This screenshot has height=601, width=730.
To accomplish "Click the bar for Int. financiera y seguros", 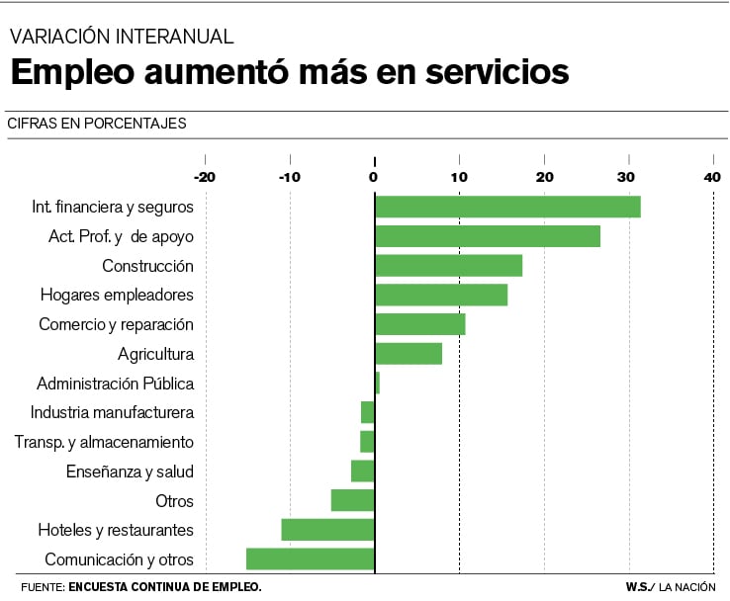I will click(507, 207).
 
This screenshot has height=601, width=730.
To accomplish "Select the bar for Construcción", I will click(448, 266).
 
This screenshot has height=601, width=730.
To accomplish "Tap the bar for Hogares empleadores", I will click(441, 295).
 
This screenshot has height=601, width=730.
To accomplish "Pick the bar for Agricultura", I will click(409, 354).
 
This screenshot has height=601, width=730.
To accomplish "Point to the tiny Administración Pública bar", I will click(377, 383).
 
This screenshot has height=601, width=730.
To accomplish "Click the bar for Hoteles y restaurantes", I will click(327, 530).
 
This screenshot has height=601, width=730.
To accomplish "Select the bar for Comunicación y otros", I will click(310, 558).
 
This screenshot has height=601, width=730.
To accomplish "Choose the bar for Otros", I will click(352, 500).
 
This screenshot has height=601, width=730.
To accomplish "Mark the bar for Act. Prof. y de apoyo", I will click(488, 236).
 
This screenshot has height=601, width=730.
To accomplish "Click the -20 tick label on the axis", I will click(204, 177).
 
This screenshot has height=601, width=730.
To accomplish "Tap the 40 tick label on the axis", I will click(712, 177).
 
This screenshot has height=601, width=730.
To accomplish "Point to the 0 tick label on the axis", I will click(374, 177).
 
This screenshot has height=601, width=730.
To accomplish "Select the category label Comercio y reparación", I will click(116, 324).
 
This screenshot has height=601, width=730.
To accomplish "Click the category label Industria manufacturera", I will click(112, 412).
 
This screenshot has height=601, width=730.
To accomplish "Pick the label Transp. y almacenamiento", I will click(104, 442).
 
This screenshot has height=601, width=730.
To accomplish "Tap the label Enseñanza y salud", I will click(130, 472).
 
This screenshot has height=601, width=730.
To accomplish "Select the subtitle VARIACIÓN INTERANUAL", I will click(122, 37).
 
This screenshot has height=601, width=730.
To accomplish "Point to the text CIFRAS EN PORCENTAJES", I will click(96, 124).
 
